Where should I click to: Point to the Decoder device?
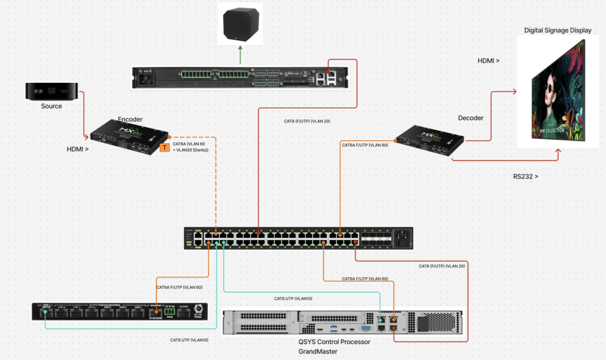pyautogui.click(x=429, y=140)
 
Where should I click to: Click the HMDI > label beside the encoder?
pyautogui.click(x=78, y=150)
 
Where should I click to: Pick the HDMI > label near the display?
pyautogui.click(x=488, y=61)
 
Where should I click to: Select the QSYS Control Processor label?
pyautogui.click(x=334, y=342)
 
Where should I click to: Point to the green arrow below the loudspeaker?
pyautogui.click(x=240, y=57)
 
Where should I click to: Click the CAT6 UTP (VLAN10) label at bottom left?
pyautogui.click(x=189, y=340)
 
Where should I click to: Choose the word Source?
pyautogui.click(x=51, y=107)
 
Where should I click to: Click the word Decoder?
pyautogui.click(x=471, y=118)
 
